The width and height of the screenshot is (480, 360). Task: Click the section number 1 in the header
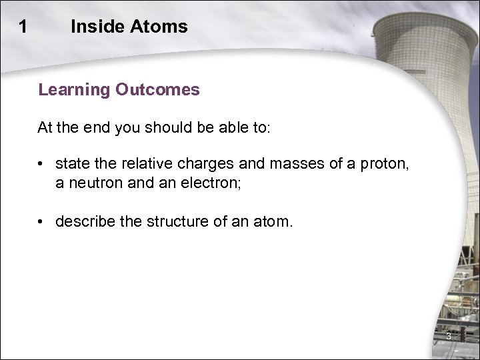pos(23,27)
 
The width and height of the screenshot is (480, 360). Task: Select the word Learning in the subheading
pos(74,90)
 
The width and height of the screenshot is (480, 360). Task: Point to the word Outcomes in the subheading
pos(157,90)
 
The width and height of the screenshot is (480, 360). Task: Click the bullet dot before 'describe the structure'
pos(42,221)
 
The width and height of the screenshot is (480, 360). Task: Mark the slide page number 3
pos(448,335)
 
